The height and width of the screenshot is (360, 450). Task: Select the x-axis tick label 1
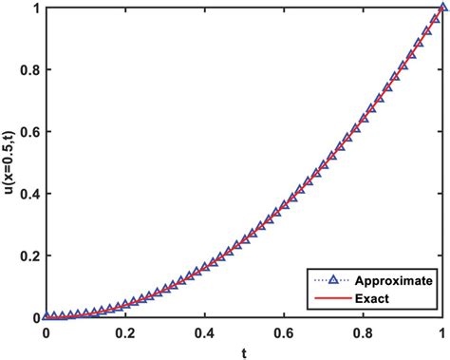[x=443, y=333]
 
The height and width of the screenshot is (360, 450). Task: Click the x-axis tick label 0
[x=46, y=333]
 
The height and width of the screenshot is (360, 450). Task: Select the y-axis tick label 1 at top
[x=35, y=9]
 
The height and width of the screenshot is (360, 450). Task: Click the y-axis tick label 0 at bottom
[x=35, y=317]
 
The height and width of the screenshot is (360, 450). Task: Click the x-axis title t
[x=245, y=352]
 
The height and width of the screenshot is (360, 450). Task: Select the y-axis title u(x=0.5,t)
[x=9, y=162]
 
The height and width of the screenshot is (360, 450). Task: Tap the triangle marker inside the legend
[x=335, y=281]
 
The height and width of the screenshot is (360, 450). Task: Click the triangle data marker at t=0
[x=47, y=316]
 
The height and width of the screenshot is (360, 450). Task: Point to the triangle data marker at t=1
[x=443, y=9]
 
